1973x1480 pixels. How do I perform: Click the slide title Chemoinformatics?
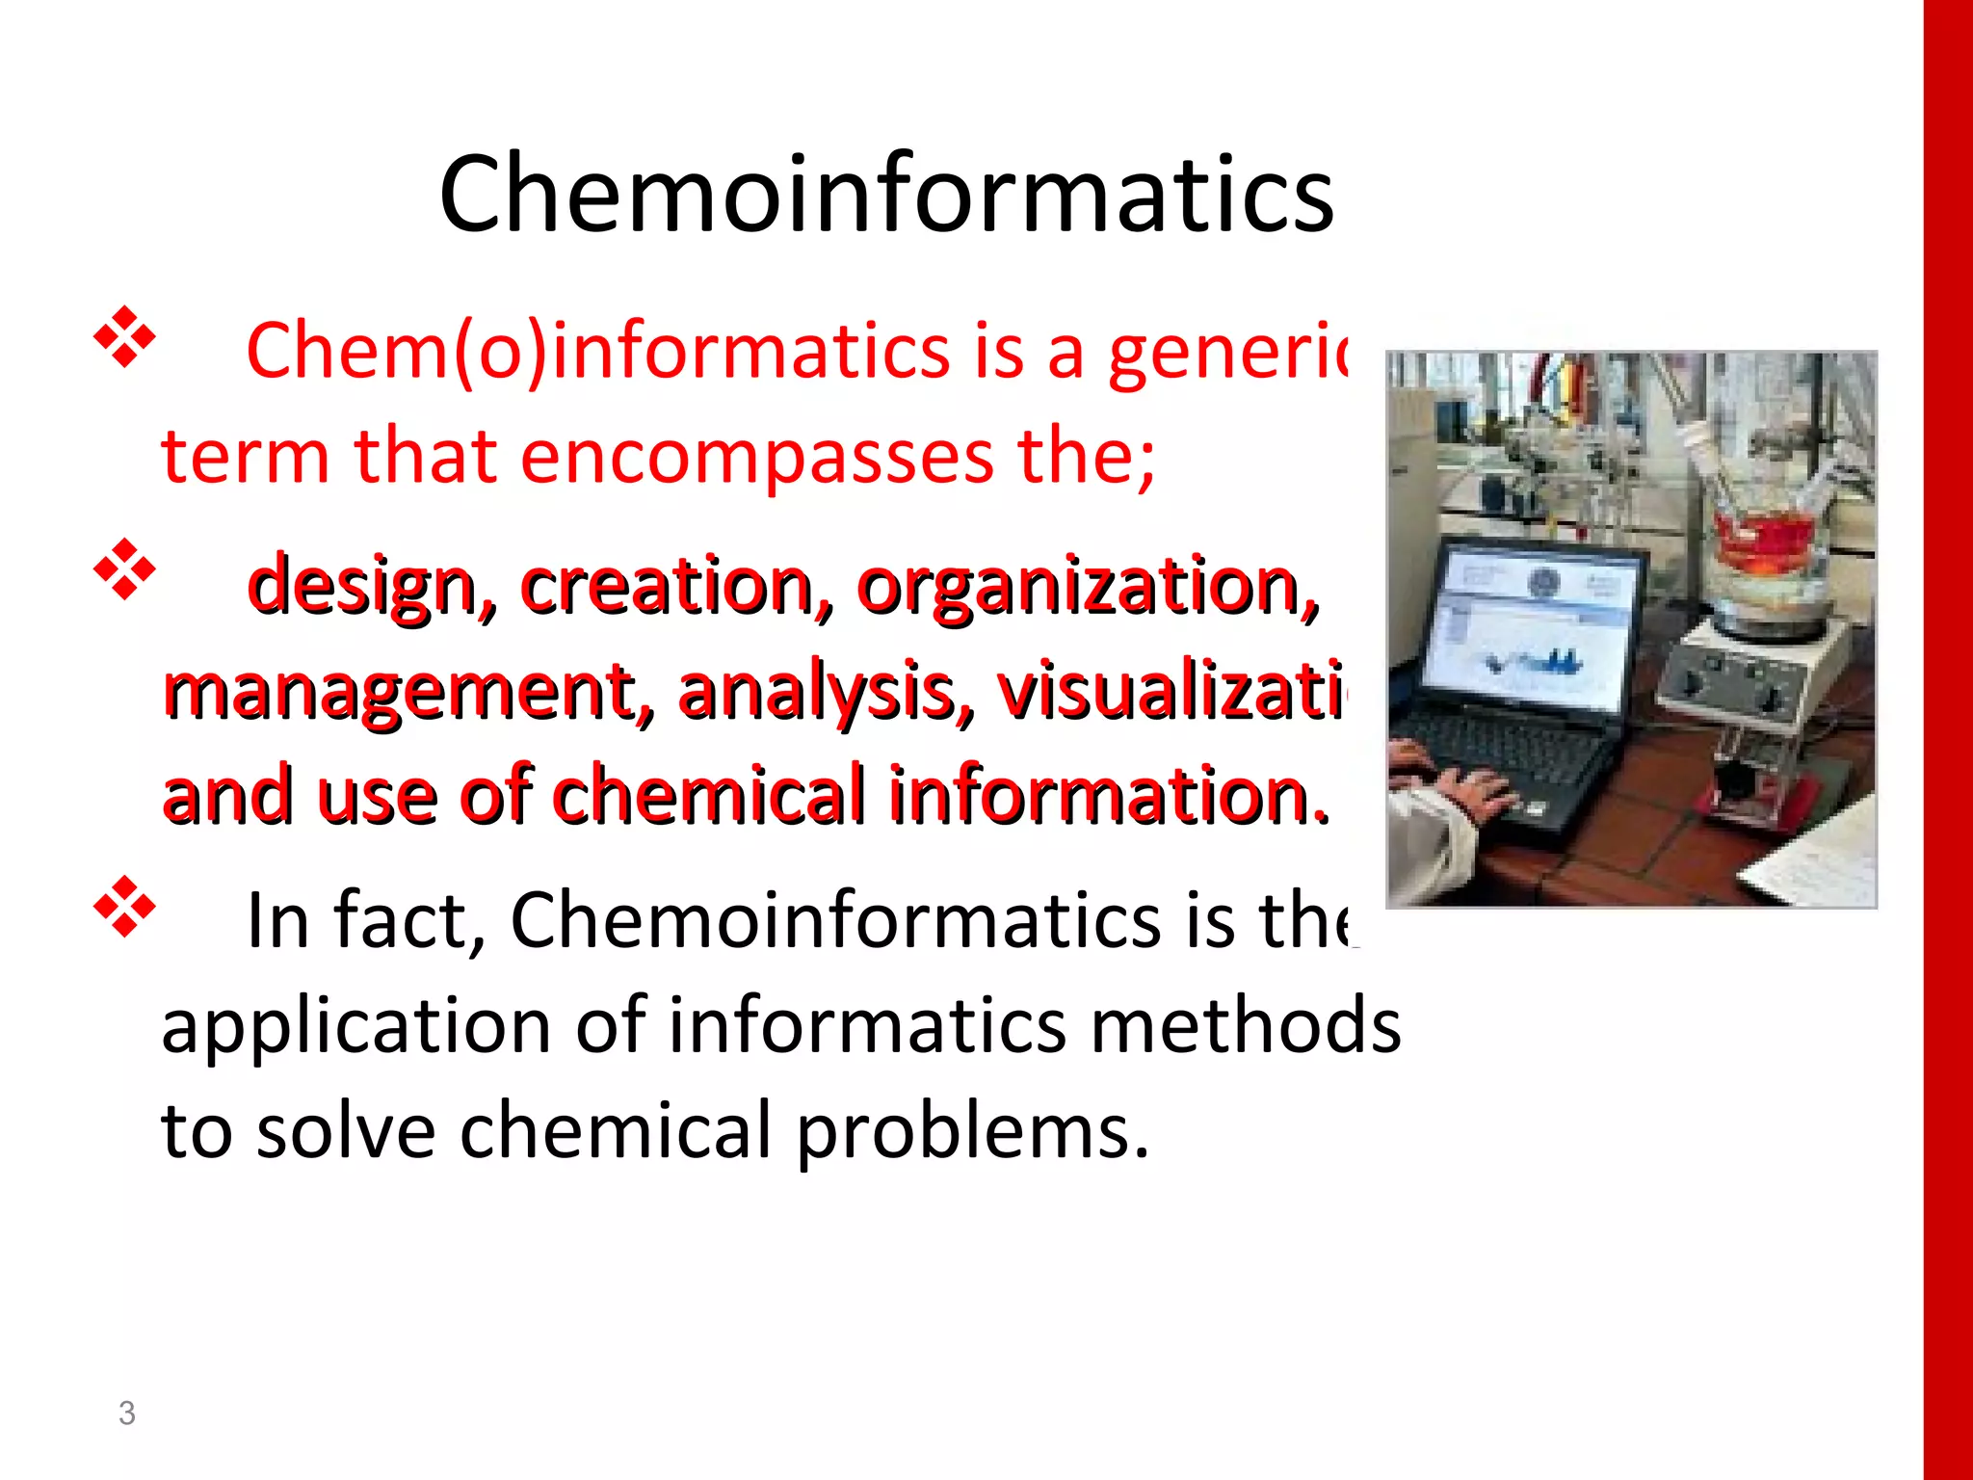pos(886,196)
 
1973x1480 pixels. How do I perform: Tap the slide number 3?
pos(126,1413)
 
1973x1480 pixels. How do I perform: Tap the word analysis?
pos(826,691)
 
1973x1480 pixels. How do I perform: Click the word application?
pos(355,1026)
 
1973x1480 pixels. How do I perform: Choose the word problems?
pos(973,1130)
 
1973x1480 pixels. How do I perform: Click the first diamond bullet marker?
pos(125,337)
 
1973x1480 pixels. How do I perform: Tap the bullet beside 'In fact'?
pos(125,907)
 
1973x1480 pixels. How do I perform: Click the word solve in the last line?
pos(346,1130)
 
